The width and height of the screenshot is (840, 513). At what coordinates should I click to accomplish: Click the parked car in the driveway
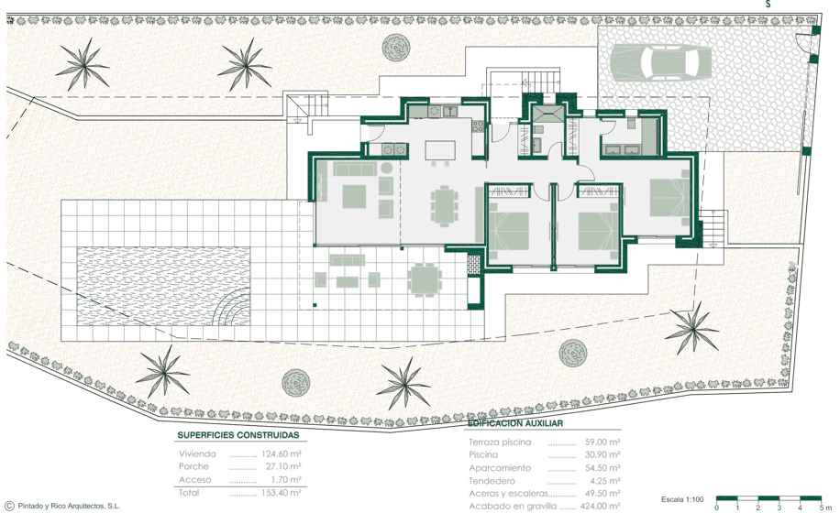(660, 62)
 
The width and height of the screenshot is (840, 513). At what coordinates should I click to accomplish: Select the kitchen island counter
(440, 150)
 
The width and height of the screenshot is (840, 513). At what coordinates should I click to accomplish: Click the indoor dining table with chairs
(444, 205)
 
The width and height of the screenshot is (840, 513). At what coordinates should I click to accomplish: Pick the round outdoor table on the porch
(425, 279)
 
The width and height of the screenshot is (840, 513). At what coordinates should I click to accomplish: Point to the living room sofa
(354, 169)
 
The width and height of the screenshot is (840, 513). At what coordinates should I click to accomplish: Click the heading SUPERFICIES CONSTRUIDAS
(238, 435)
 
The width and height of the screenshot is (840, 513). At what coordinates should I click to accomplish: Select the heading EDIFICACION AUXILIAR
(515, 423)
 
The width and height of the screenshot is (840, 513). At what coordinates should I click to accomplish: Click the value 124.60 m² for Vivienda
(282, 453)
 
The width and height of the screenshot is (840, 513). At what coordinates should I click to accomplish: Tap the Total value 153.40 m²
(282, 493)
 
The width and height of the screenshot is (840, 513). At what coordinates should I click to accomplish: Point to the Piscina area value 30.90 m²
(602, 454)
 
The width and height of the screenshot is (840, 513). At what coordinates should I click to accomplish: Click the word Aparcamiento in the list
(500, 468)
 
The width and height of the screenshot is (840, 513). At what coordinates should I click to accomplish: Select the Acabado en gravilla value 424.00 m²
(601, 506)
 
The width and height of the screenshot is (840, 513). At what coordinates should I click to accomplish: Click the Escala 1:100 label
(682, 499)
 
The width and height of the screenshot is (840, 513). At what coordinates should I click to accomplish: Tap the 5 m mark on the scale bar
(823, 508)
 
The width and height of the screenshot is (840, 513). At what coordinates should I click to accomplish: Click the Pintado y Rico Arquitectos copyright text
(69, 506)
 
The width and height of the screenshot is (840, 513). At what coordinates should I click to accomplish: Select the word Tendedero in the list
(492, 481)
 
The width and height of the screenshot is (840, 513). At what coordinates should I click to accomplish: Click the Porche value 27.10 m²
(283, 466)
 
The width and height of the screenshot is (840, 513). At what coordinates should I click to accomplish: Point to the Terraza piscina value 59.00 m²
(602, 442)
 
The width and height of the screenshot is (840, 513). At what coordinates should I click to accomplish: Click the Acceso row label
(195, 480)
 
